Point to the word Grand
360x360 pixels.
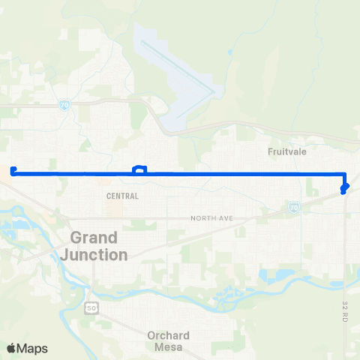point(94,238)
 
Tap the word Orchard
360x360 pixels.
point(169,335)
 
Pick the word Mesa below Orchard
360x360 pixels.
point(169,347)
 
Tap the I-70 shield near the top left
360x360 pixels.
point(65,106)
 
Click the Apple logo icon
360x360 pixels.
point(11,348)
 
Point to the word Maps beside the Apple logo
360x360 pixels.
point(33,348)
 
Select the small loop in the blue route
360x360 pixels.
point(139,169)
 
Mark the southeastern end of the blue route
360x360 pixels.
point(343,192)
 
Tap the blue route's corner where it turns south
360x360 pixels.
point(343,174)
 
